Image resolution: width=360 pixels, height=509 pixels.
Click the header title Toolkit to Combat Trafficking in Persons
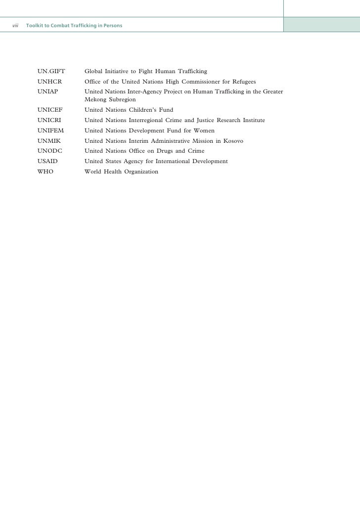74,25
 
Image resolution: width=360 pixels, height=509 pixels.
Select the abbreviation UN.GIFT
51,72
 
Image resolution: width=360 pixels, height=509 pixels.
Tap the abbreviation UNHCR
50,82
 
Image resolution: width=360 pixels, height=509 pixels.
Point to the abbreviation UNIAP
48,91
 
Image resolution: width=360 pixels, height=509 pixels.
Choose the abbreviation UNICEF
50,110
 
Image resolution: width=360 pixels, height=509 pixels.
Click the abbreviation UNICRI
49,120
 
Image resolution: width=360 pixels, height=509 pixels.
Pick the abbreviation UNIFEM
50,130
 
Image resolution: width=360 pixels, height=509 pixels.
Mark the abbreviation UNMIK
49,141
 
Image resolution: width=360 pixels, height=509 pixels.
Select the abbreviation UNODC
50,151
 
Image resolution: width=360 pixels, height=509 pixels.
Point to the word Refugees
242,82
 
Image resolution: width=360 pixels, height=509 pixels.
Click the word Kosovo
232,141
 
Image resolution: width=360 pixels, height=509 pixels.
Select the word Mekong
95,99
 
